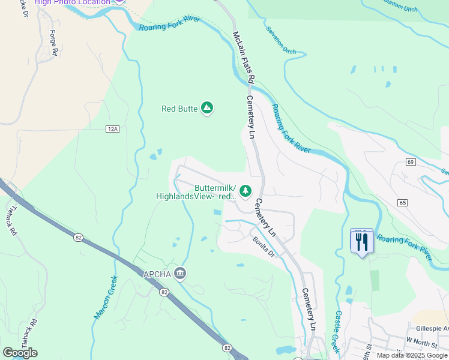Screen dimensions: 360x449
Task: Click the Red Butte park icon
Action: point(207,108)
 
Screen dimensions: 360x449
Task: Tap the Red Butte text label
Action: point(179,109)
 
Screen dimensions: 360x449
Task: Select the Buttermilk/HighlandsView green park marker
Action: point(245,191)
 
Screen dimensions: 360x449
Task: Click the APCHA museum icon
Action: point(180,274)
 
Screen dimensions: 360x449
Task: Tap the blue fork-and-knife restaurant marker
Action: point(361,242)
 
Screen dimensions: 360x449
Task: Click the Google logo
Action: point(20,353)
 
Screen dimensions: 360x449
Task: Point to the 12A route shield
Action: point(112,129)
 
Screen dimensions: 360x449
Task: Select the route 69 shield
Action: point(411,162)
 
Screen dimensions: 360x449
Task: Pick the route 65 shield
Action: point(402,203)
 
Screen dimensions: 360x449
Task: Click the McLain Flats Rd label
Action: point(244,58)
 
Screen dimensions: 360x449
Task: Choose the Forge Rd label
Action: point(53,43)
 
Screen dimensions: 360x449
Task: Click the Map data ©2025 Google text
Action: point(411,355)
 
